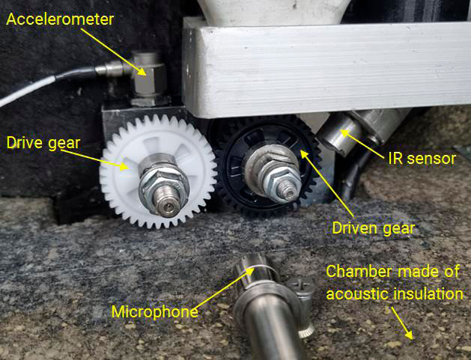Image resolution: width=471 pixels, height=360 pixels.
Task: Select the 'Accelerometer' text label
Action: pos(59,19)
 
